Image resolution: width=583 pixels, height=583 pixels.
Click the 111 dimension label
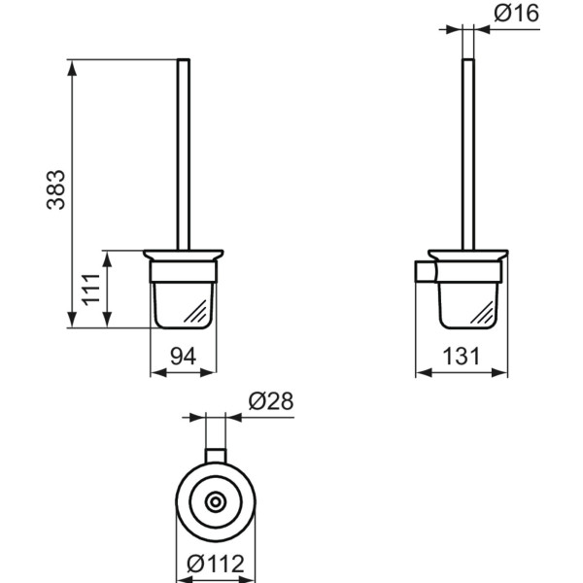[x=90, y=290]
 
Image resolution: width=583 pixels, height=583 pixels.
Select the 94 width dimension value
[x=184, y=357]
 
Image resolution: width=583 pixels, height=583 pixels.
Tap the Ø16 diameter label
[x=515, y=14]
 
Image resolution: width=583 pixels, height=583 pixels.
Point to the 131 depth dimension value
[x=463, y=357]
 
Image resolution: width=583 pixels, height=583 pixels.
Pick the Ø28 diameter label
[x=270, y=400]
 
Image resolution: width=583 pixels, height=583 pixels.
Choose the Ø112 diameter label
[x=216, y=563]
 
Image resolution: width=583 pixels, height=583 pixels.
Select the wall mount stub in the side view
[x=423, y=271]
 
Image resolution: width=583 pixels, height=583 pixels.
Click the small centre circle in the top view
[x=215, y=501]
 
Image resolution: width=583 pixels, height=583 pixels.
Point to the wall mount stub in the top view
[x=215, y=457]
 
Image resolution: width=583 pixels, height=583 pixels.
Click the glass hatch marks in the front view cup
[x=197, y=312]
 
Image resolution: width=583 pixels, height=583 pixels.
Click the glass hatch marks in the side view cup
[x=483, y=312]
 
